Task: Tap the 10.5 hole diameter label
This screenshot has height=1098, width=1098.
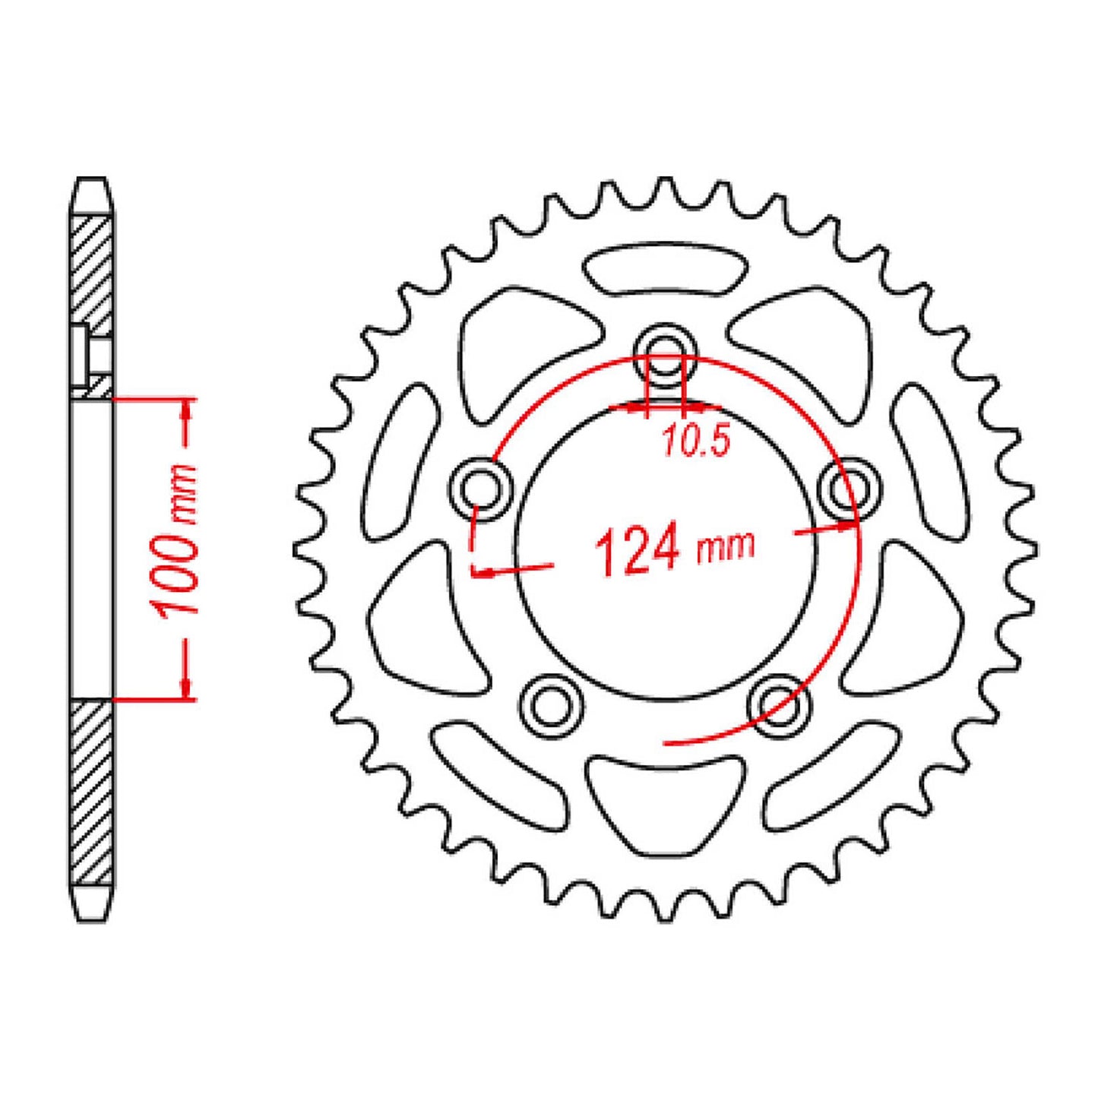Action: click(696, 442)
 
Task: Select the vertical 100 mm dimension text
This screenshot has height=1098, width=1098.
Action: click(176, 541)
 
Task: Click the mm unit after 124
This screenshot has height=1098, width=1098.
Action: click(726, 546)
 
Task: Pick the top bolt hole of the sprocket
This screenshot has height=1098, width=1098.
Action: click(665, 353)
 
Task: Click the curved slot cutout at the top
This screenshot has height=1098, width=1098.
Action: click(666, 268)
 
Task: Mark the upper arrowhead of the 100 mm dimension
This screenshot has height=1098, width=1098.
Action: click(185, 410)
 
